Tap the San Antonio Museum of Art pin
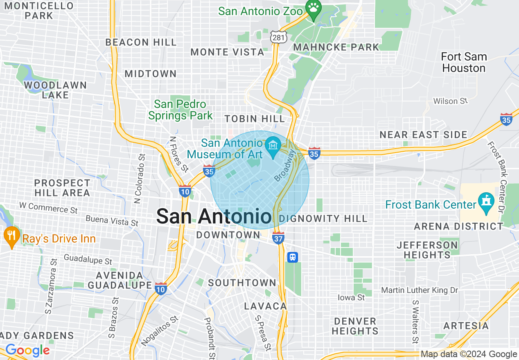[272, 145]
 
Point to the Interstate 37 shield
[278, 238]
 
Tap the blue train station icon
[293, 257]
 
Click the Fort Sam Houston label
[464, 62]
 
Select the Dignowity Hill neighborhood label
[323, 218]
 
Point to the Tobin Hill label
[255, 119]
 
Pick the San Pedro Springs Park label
[181, 110]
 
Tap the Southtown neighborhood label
[242, 283]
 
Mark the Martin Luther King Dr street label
[420, 290]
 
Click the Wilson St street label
[450, 101]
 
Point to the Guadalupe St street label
[88, 259]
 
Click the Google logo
[27, 351]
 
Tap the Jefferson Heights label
[427, 250]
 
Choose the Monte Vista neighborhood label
[228, 52]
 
